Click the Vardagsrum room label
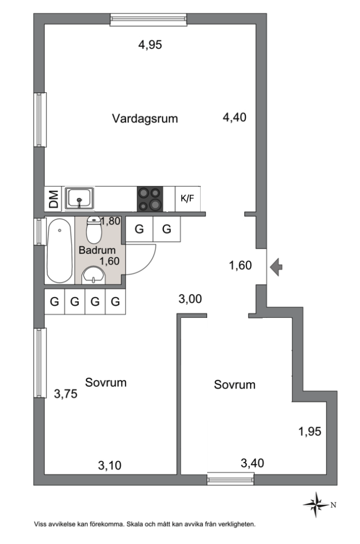[145, 118]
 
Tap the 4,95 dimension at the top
[151, 45]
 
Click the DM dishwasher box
[53, 199]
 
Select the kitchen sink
[80, 198]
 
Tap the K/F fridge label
[187, 199]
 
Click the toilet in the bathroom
[94, 230]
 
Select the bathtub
[59, 250]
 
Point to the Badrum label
[97, 250]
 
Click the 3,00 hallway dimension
[191, 298]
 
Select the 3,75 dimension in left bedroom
[65, 395]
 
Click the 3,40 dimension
[253, 464]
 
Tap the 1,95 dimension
[309, 432]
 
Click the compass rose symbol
[314, 504]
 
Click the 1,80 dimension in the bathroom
[110, 221]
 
